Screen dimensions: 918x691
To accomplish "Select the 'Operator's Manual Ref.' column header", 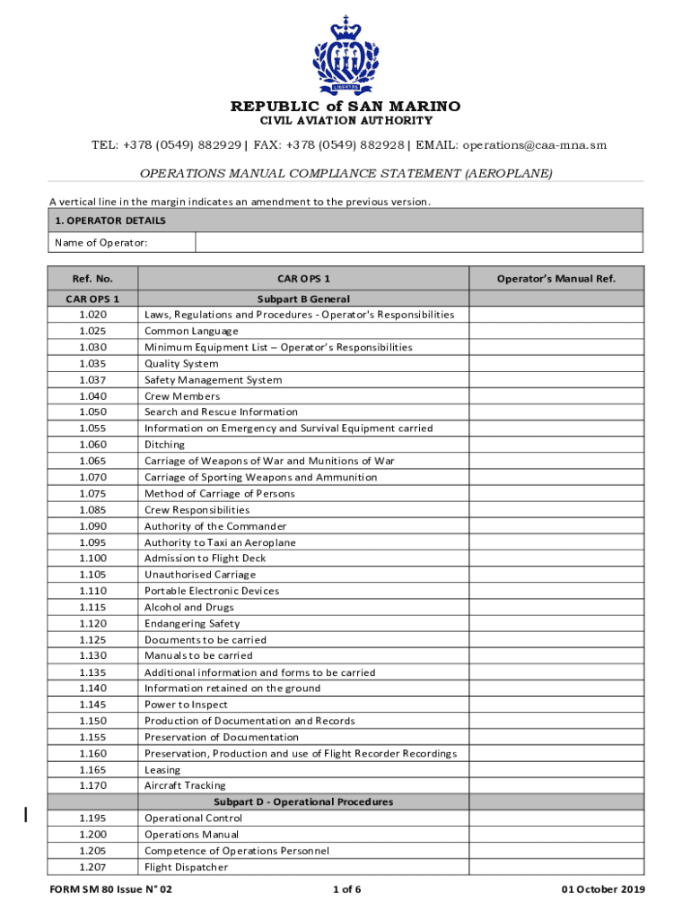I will tap(555, 279).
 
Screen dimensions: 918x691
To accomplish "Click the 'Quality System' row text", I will tap(181, 364).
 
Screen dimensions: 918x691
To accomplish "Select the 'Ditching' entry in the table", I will tap(164, 445).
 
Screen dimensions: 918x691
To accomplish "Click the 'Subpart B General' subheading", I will tap(303, 299).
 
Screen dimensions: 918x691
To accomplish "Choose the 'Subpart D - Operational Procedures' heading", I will tap(303, 801).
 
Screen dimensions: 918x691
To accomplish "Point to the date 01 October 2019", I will tap(603, 889).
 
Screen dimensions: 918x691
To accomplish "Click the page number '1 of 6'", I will tap(346, 889).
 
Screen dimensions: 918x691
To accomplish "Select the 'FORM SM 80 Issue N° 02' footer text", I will tap(109, 889).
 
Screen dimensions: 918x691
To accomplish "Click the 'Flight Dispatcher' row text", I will tap(186, 867).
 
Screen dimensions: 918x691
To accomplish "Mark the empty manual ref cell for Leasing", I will tap(555, 769).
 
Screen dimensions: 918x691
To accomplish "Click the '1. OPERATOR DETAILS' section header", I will tap(109, 221).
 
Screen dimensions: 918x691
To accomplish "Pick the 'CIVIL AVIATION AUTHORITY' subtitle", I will tap(345, 121).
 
